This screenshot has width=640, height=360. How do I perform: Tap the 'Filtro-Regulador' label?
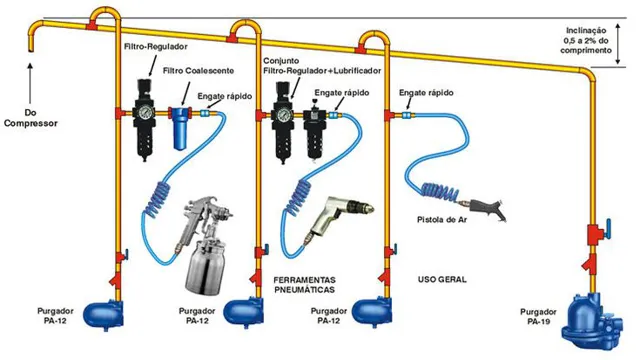click(155, 47)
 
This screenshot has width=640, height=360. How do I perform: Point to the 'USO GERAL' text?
click(444, 279)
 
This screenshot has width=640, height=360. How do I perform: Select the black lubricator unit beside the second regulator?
click(316, 128)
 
